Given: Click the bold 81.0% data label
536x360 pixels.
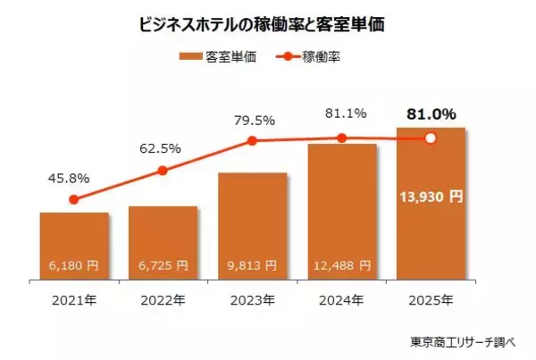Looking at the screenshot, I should point(431,114).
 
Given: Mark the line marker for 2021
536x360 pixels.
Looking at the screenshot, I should point(74,200).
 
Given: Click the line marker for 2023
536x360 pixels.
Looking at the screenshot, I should point(252,140).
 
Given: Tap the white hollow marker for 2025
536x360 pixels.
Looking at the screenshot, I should point(430,138).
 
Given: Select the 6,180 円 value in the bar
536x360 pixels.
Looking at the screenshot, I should point(74,265).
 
